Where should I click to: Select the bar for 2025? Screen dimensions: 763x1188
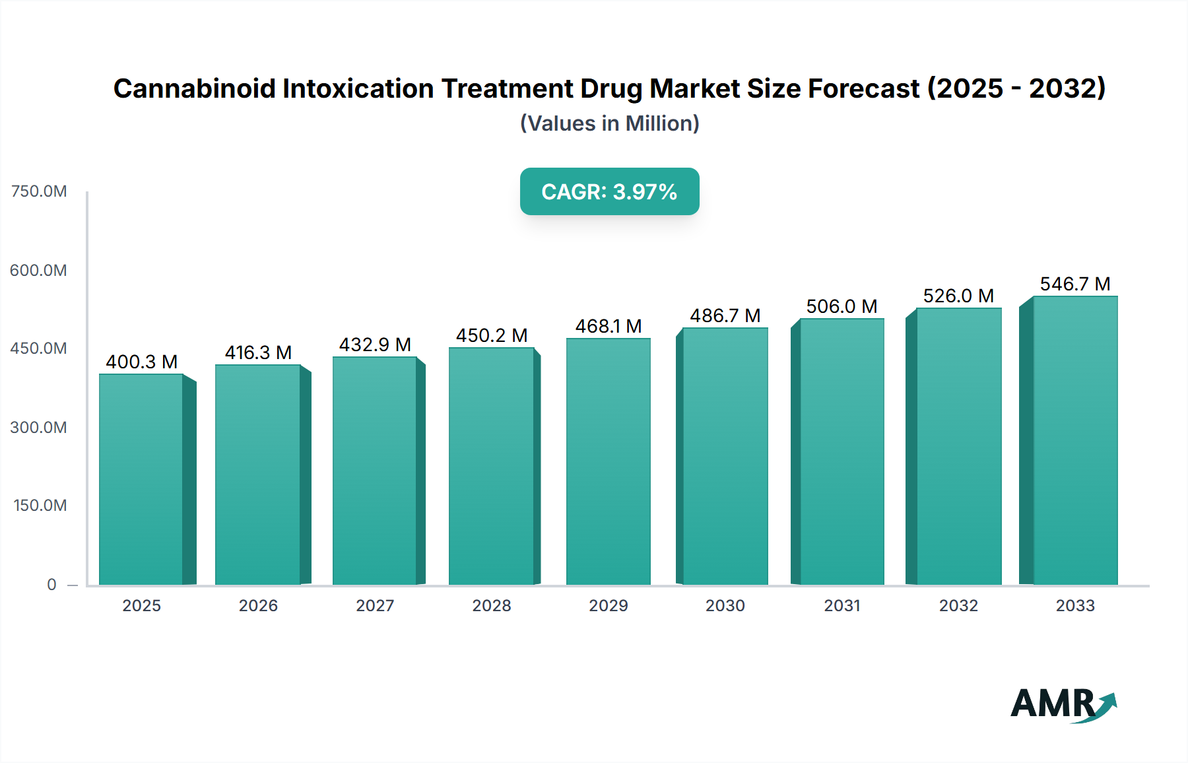[141, 479]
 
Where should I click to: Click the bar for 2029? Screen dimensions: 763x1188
[608, 462]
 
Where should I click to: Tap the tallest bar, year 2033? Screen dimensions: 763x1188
[1074, 441]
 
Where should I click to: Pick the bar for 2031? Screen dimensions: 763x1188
[841, 452]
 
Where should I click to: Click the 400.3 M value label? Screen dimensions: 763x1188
[141, 362]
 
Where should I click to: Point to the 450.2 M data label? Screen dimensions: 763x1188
[492, 335]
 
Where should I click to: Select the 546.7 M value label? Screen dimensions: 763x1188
[1074, 284]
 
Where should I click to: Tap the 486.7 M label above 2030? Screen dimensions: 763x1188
[725, 315]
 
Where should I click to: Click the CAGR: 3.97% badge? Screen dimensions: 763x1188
[609, 191]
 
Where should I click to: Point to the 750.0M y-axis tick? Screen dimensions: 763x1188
[39, 191]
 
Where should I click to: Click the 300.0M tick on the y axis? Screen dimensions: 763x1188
[39, 427]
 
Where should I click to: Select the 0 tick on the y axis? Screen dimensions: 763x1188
[51, 584]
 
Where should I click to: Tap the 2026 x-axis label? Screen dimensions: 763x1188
[258, 605]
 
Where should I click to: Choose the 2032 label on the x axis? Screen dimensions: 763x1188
[958, 605]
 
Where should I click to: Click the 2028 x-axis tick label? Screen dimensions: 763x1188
[492, 605]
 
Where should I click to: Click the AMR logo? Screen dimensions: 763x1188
[1063, 704]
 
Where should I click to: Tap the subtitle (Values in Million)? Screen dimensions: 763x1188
[609, 123]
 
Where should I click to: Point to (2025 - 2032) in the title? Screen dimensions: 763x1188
[1016, 88]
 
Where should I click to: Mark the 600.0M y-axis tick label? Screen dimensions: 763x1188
[39, 270]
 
